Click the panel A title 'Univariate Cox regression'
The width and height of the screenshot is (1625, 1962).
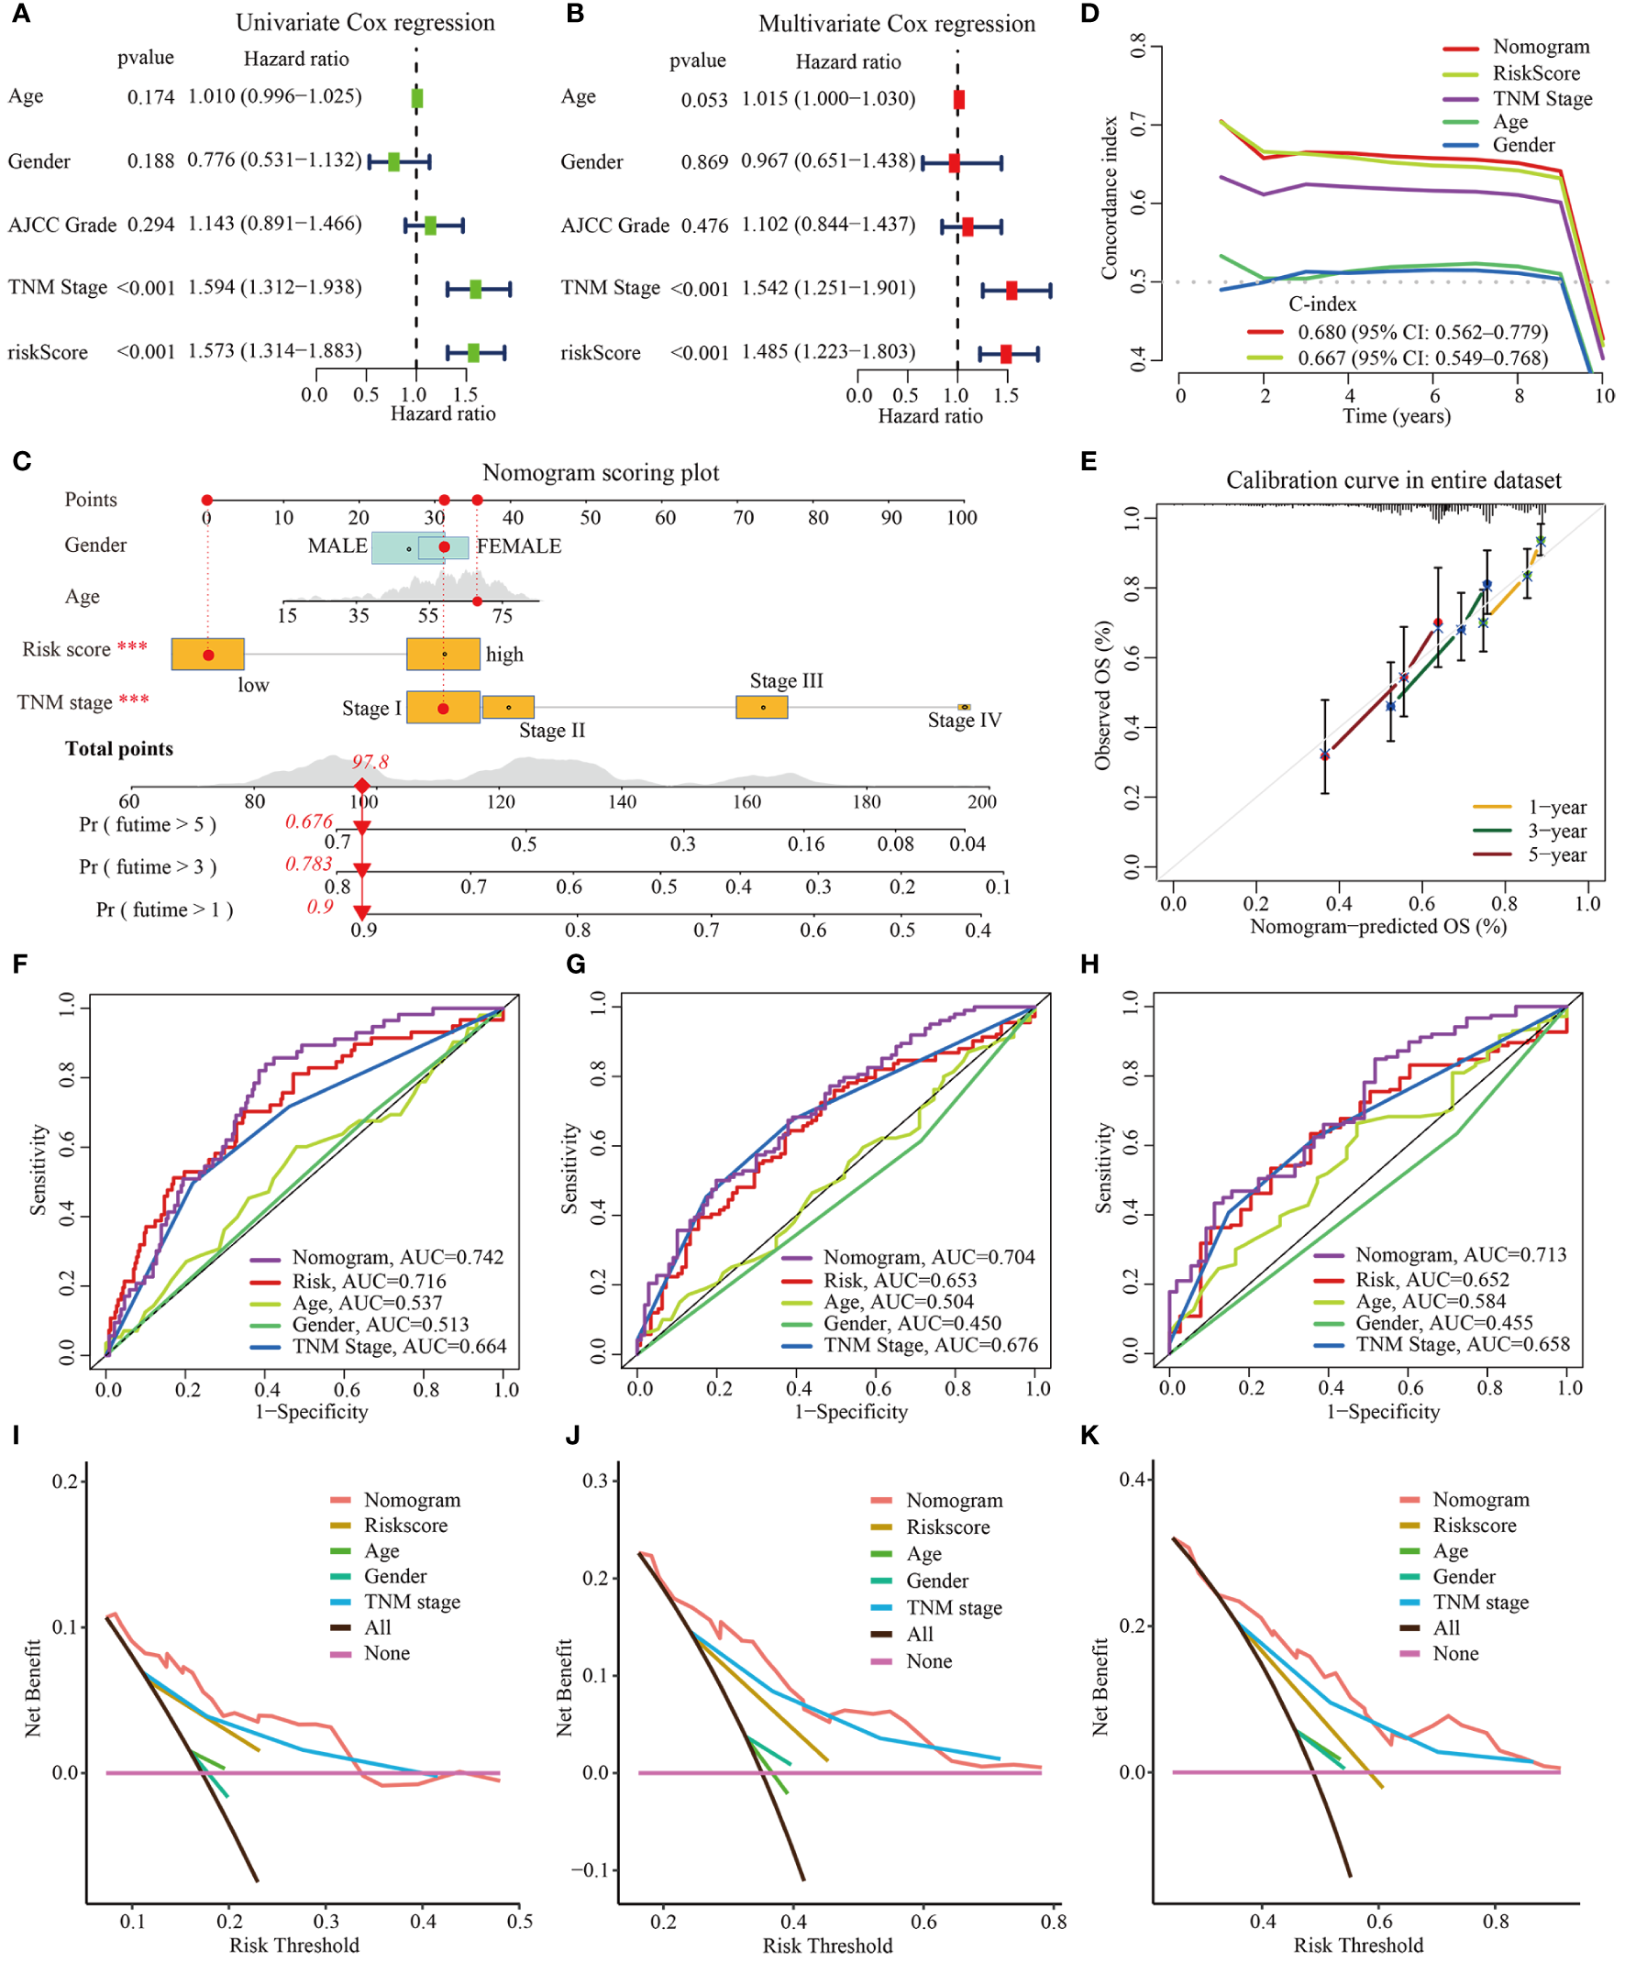point(364,22)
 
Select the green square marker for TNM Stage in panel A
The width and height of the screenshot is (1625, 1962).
point(475,289)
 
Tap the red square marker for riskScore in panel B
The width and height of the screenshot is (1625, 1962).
point(1005,353)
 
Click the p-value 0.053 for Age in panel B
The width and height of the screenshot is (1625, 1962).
point(703,100)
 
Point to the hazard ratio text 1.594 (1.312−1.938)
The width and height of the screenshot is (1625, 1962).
point(275,287)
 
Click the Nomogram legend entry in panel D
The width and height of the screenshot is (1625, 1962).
point(1540,47)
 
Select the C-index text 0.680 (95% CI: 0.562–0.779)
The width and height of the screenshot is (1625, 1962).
point(1422,333)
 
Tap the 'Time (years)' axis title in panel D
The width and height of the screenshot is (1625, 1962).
point(1396,415)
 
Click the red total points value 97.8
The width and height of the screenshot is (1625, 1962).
point(370,762)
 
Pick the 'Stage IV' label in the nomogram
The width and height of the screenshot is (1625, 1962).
point(965,721)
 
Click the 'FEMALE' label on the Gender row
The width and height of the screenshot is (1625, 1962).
point(520,546)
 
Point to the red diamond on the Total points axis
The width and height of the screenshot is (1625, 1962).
point(361,786)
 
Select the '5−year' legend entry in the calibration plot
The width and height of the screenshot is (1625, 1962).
point(1557,854)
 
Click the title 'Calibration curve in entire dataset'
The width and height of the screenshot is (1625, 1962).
point(1393,480)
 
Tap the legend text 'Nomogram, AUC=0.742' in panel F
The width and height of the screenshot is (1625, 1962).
point(397,1258)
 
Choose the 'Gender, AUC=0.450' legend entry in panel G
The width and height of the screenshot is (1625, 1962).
point(912,1323)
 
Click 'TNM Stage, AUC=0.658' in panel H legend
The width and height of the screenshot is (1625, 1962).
point(1463,1344)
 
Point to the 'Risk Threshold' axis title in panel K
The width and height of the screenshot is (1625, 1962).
point(1358,1945)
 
